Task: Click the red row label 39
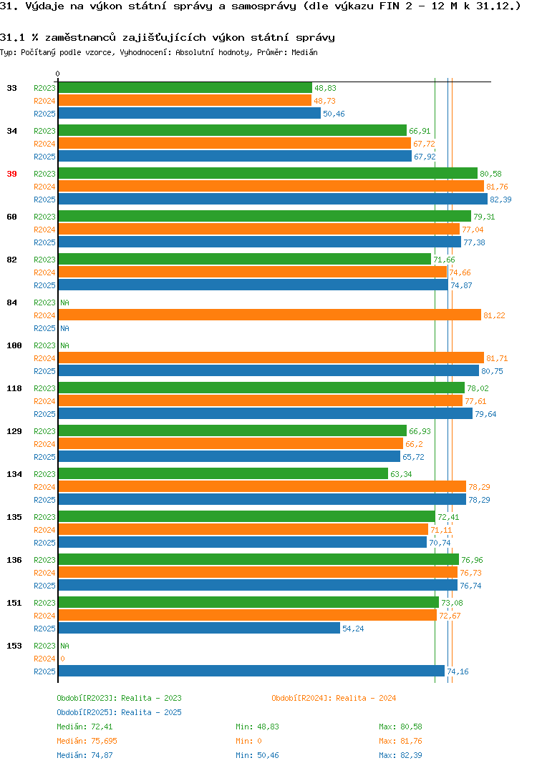11,174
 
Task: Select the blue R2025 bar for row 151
199,628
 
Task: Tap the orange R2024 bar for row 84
270,315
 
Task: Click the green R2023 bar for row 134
223,473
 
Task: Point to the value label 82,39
500,200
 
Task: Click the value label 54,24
353,629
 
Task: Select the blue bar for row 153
251,671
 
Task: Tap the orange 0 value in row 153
63,659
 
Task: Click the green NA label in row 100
64,346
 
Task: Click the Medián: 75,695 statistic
87,741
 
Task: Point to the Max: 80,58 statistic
400,727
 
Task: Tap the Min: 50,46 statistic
257,755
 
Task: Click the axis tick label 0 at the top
58,74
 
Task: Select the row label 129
14,431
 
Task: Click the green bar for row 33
185,88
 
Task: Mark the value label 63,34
401,474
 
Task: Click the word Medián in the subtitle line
304,52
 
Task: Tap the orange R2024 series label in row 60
44,230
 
